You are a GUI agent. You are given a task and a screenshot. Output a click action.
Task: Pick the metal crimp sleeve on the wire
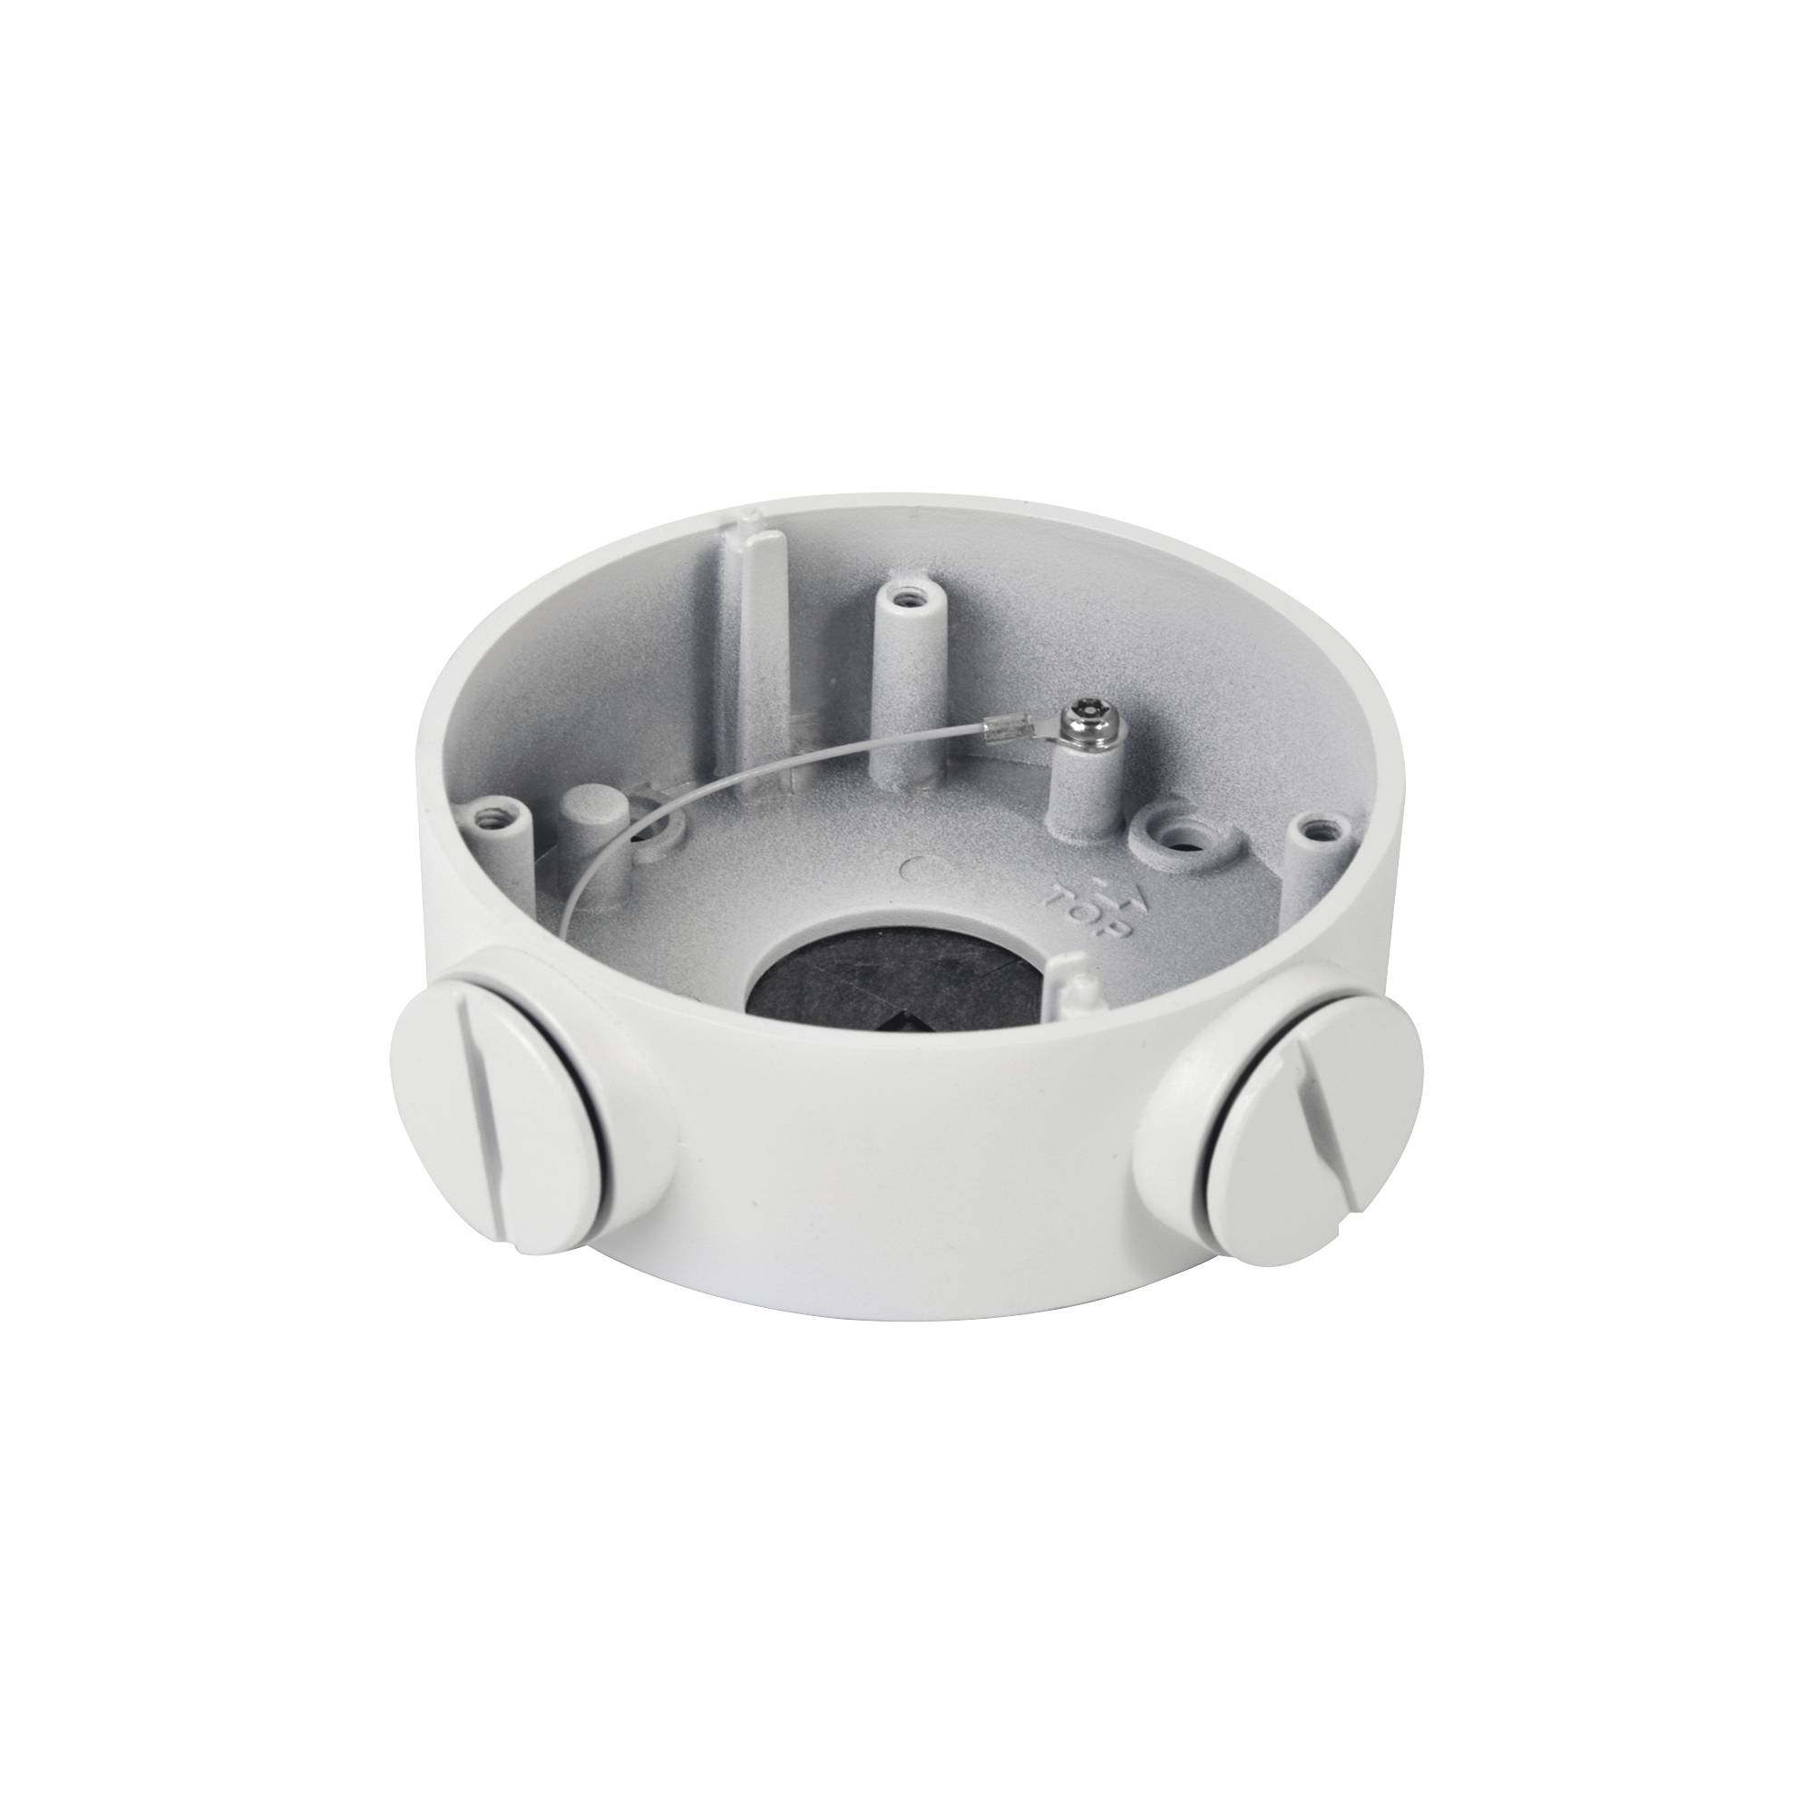coord(1010,726)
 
